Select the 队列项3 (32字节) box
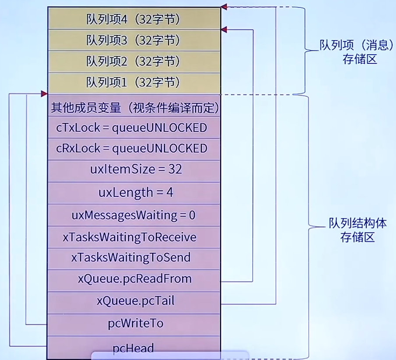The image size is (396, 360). point(133,40)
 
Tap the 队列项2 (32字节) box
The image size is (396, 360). point(133,61)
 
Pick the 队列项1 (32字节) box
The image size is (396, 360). point(133,82)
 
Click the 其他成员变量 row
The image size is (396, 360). point(133,106)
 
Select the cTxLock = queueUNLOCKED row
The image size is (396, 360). point(133,128)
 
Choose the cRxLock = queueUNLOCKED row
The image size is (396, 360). point(133,149)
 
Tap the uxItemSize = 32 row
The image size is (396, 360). point(133,170)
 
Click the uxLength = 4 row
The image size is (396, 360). point(133,192)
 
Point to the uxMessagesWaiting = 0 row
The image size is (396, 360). point(133,215)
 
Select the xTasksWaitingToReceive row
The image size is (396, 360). point(133,237)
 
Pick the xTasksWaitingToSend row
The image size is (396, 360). point(133,258)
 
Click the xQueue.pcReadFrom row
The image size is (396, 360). point(133,279)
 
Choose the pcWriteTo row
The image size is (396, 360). point(133,324)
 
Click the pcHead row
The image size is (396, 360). point(133,348)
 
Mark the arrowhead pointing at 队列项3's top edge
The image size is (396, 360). point(224,30)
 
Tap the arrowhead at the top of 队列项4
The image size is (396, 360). point(224,7)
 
